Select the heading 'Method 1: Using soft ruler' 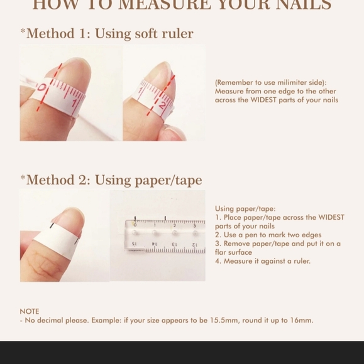pyautogui.click(x=107, y=34)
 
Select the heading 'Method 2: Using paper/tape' pyautogui.click(x=111, y=181)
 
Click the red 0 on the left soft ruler pyautogui.click(x=41, y=88)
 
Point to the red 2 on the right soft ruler pyautogui.click(x=162, y=105)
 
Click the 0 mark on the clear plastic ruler pyautogui.click(x=135, y=225)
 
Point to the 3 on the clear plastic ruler pyautogui.click(x=194, y=225)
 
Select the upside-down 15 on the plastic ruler pyautogui.click(x=134, y=244)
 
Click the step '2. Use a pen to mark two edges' pyautogui.click(x=268, y=235)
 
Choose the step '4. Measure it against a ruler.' pyautogui.click(x=263, y=261)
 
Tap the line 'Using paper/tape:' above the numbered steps pyautogui.click(x=245, y=209)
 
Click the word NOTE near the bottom pyautogui.click(x=30, y=311)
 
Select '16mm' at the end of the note pyautogui.click(x=301, y=321)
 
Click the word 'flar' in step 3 pyautogui.click(x=221, y=252)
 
